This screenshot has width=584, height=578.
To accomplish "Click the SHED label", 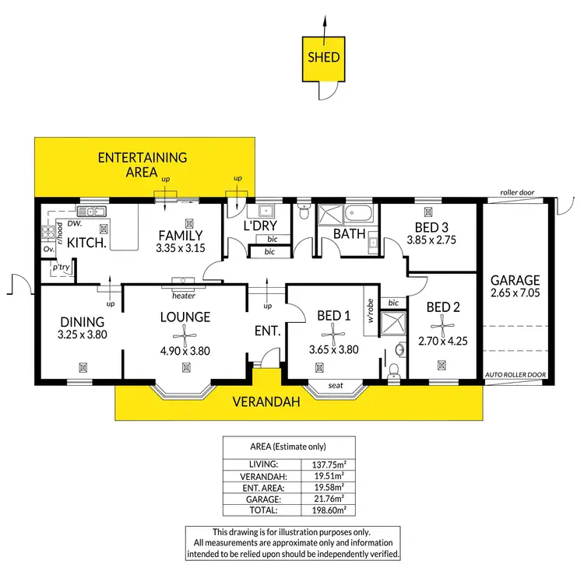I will [323, 58].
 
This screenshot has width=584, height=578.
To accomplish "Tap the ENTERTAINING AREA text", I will [142, 165].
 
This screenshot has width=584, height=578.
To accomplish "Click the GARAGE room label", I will [515, 280].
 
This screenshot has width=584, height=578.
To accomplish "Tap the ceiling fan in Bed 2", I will [442, 325].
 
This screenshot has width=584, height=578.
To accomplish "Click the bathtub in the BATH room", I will [360, 212].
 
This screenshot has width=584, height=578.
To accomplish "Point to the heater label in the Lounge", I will [184, 296].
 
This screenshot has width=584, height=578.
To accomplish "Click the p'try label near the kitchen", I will [61, 268].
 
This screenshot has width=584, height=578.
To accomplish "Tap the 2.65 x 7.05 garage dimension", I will [515, 294].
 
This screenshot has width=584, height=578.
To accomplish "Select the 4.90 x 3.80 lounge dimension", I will [185, 350].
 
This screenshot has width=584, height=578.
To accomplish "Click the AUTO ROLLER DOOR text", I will [515, 374].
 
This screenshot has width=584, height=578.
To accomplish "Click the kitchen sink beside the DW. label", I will [96, 210].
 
